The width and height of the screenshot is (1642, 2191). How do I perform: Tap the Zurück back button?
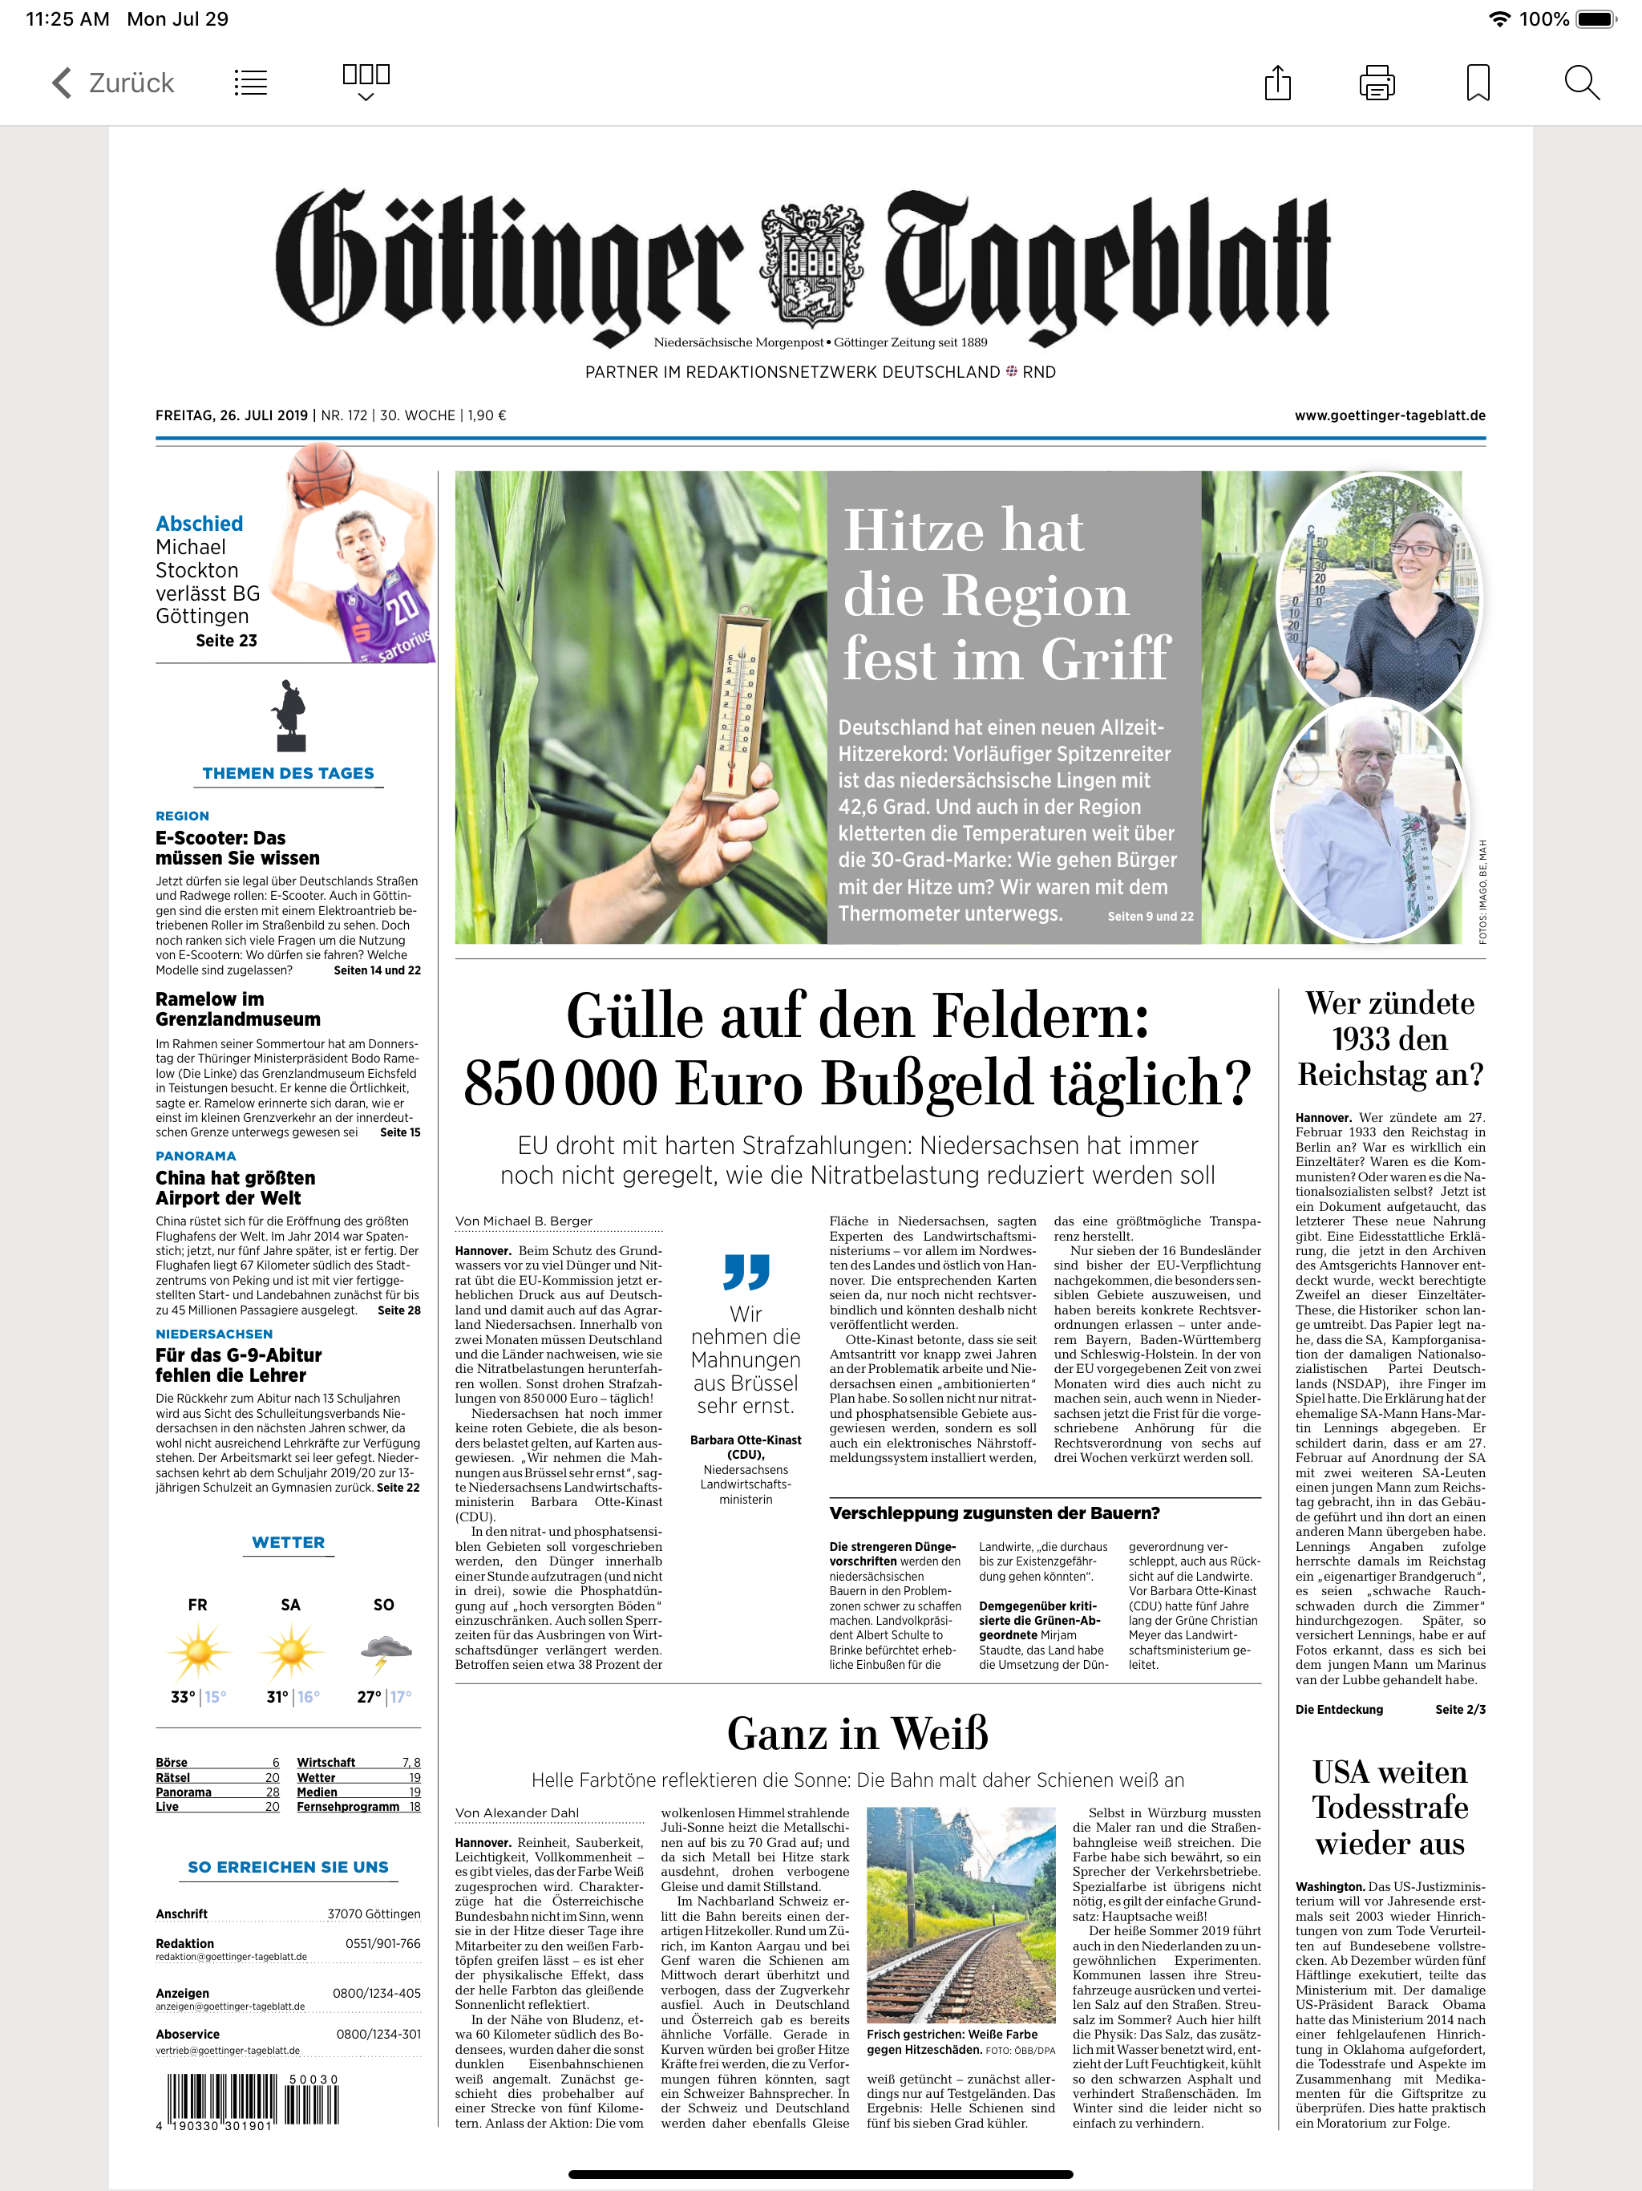[x=112, y=83]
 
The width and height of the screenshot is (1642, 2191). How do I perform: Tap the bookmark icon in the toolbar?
[x=1478, y=83]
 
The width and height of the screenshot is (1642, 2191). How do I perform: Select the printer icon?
[x=1377, y=83]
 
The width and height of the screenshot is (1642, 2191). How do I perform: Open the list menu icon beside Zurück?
[x=251, y=83]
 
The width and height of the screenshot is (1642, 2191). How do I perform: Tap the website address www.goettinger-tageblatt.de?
[x=1389, y=416]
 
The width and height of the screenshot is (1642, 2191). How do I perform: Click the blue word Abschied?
[x=199, y=524]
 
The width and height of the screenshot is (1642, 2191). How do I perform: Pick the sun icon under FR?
[x=199, y=1652]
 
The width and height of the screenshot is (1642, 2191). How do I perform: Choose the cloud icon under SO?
[x=387, y=1649]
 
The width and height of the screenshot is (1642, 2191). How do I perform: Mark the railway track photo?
[x=961, y=1914]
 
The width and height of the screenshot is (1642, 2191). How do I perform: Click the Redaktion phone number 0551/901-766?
[x=382, y=1943]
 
